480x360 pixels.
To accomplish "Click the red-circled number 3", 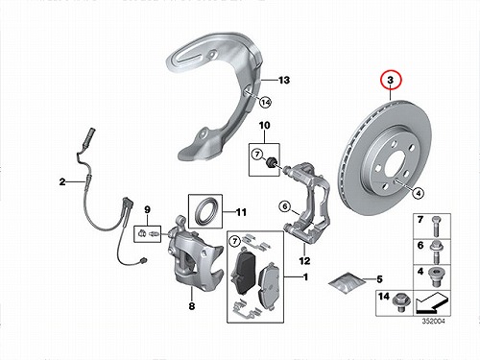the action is (391, 80).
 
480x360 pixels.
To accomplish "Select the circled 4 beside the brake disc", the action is (419, 193).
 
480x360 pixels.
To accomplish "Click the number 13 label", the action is (284, 80).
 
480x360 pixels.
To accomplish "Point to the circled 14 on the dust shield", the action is (265, 103).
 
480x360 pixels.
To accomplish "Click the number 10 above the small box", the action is (264, 126).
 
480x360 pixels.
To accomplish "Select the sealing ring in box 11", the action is (205, 211).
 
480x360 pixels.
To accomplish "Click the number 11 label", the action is (241, 212).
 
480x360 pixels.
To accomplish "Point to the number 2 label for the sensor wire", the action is (62, 181).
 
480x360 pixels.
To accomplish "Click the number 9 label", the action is (147, 210).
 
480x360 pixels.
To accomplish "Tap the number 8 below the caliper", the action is (192, 306).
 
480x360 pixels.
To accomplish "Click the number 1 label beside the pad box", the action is (305, 276).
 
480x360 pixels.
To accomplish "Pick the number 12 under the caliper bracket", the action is (304, 261).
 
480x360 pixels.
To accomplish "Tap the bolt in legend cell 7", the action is (435, 227).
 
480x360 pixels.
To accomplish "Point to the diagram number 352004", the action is (433, 321).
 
